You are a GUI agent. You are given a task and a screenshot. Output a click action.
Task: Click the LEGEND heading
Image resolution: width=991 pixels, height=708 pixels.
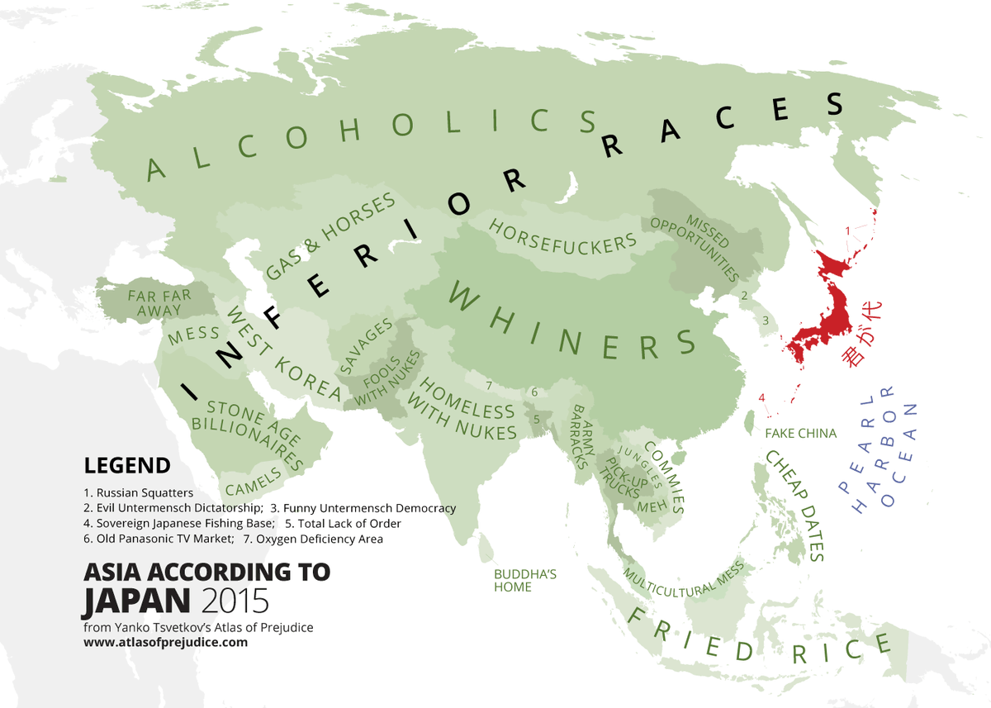(127, 465)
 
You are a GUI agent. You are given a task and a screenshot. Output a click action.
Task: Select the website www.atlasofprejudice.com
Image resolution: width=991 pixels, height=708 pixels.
(165, 642)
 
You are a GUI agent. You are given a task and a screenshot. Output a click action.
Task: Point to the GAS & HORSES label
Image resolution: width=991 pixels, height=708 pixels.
(330, 239)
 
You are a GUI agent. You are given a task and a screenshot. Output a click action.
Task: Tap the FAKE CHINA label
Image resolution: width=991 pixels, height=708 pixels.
(800, 433)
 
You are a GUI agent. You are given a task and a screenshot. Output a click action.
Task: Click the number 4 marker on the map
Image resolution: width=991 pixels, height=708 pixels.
(761, 399)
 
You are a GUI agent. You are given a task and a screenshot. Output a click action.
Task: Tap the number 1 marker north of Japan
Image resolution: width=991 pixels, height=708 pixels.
(847, 230)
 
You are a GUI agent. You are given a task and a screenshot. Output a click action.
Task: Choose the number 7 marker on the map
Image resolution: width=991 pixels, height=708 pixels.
(489, 386)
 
